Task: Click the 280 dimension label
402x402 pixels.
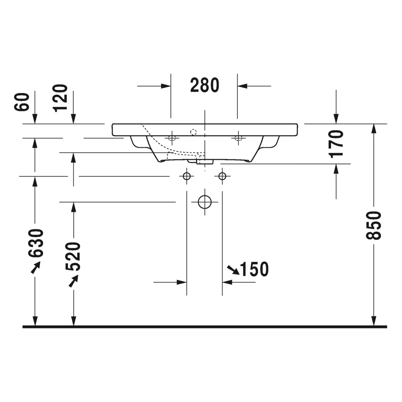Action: [205, 85]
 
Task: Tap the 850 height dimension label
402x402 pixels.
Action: [373, 226]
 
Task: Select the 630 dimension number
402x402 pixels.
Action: [36, 243]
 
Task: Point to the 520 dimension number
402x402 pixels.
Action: [73, 256]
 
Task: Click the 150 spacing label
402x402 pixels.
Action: [254, 269]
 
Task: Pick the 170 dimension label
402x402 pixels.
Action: [336, 144]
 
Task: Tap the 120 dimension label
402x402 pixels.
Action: [60, 98]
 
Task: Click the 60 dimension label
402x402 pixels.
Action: [22, 102]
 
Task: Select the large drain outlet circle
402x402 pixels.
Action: [205, 202]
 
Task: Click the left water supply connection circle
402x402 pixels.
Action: [187, 176]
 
